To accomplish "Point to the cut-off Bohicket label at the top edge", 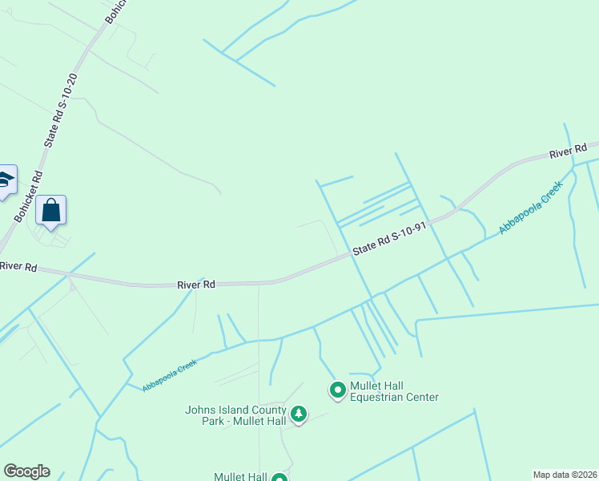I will [x=114, y=10].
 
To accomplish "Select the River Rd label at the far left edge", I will [x=18, y=266].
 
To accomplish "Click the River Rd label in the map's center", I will [x=196, y=285].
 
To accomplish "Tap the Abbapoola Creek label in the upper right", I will [x=531, y=207].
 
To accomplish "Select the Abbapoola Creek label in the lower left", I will [x=170, y=375].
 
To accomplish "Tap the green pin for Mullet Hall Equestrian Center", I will [x=338, y=390].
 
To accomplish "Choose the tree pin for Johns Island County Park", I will [x=299, y=414].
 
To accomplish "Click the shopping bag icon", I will [x=51, y=211].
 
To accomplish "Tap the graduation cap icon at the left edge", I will [x=6, y=180].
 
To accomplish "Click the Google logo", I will [x=26, y=471].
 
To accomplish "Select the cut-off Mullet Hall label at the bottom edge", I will [x=240, y=476].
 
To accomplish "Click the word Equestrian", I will [x=380, y=397].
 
